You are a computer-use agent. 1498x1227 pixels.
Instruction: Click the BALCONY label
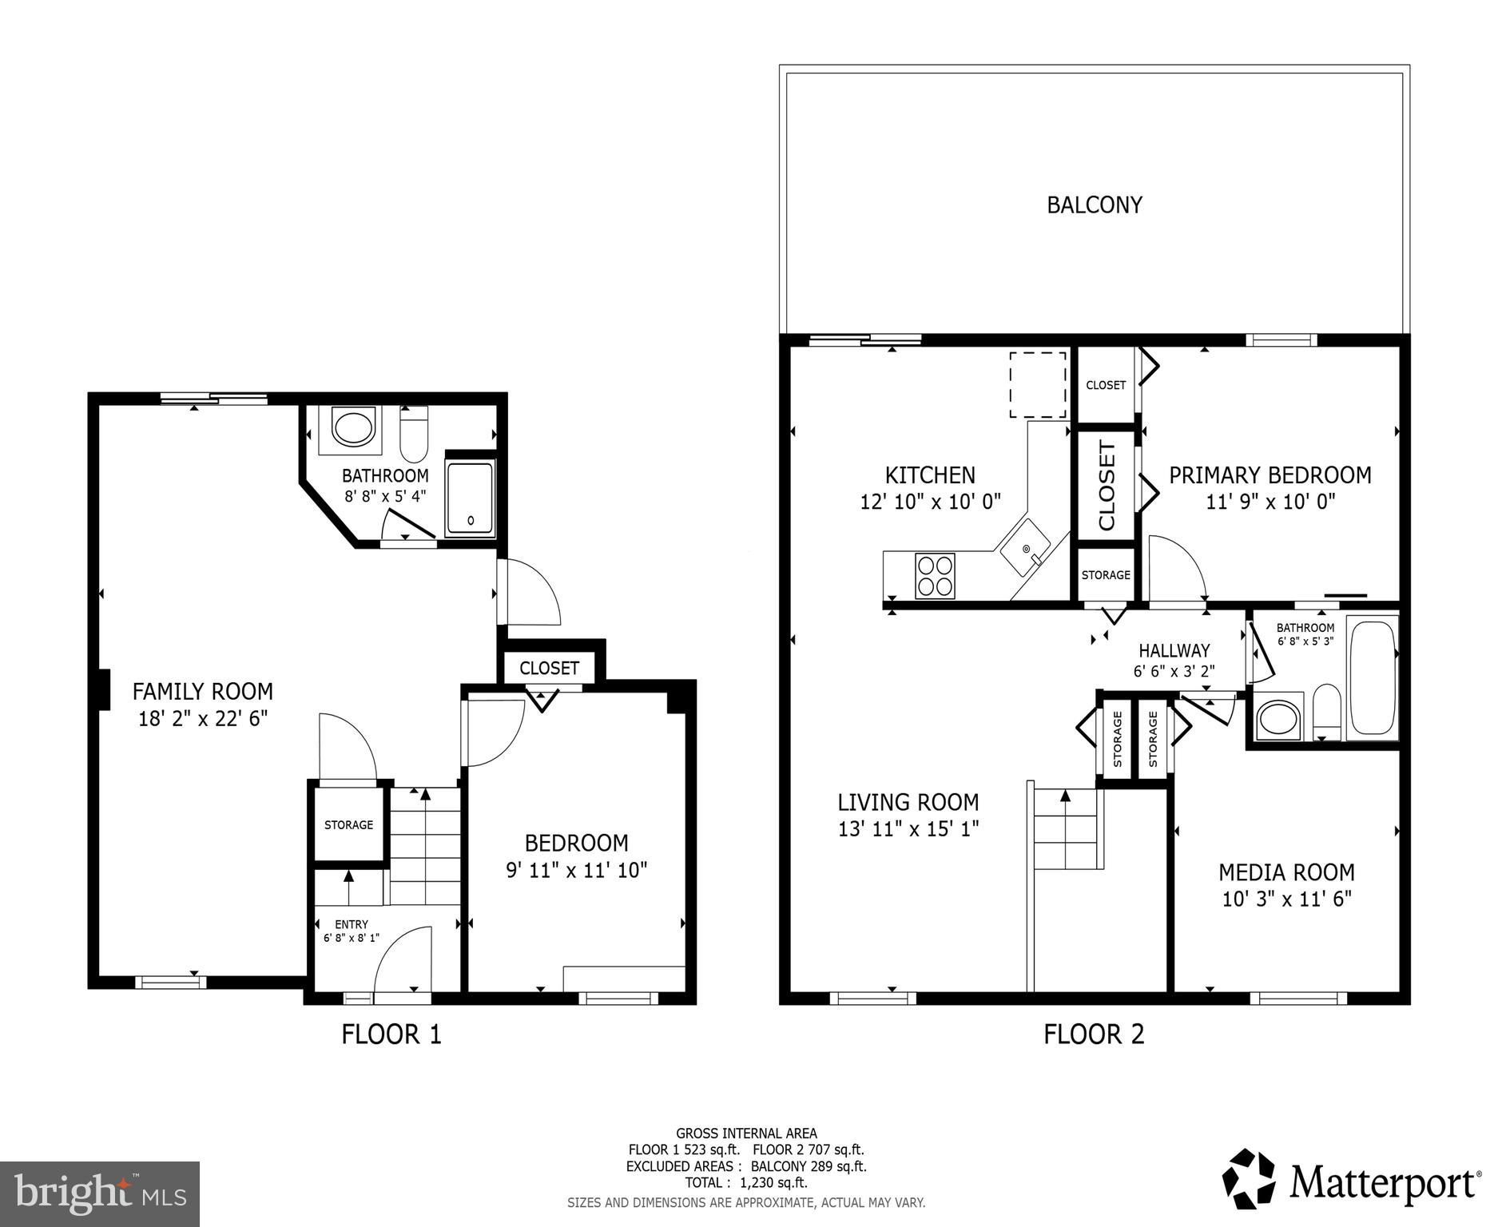[1094, 205]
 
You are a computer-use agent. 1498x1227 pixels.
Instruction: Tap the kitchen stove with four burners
[935, 575]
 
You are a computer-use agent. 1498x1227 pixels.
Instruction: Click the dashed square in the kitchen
[1037, 384]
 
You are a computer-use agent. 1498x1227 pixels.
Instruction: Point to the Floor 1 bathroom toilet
[414, 435]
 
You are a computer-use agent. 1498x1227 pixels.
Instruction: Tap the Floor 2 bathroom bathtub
[1372, 677]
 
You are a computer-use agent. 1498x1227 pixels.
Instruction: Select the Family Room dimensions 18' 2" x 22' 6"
[202, 718]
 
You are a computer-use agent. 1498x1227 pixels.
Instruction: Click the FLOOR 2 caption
[1094, 1034]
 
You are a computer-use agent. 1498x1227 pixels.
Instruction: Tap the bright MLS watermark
[100, 1194]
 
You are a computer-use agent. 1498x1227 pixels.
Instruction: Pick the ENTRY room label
[352, 924]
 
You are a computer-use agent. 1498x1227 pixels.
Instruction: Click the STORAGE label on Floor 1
[348, 824]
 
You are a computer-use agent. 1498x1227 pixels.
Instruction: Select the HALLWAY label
[1174, 650]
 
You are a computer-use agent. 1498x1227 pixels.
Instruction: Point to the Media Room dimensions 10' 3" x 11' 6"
[1286, 899]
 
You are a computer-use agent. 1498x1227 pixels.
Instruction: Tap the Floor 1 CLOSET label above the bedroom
[549, 668]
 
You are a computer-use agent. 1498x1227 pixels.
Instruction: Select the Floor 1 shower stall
[470, 497]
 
